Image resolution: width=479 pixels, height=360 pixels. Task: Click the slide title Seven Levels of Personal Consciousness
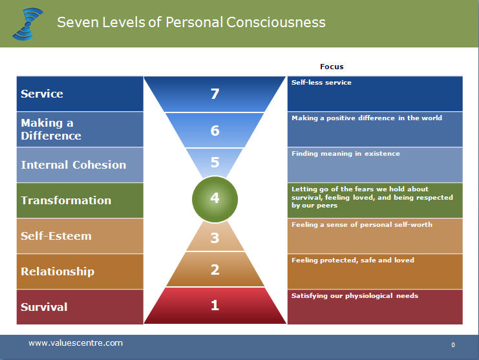click(x=191, y=22)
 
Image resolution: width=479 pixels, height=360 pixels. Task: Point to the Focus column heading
click(x=332, y=67)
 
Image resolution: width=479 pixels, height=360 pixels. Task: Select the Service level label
click(x=42, y=94)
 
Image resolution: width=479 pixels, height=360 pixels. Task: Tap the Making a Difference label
click(x=51, y=129)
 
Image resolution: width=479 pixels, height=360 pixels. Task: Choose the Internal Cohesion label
click(x=73, y=165)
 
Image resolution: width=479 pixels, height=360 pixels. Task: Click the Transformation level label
click(x=66, y=200)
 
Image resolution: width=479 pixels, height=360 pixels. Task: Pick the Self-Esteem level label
click(x=56, y=236)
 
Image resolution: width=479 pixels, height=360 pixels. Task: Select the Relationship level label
click(x=58, y=271)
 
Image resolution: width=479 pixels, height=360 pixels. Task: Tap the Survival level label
click(x=44, y=307)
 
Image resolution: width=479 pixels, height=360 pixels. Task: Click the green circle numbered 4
click(x=215, y=198)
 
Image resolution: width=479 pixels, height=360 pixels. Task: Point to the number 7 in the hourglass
click(x=215, y=94)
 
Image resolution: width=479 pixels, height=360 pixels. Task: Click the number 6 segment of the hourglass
click(x=215, y=131)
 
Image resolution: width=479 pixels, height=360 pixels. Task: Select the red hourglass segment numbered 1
click(x=215, y=305)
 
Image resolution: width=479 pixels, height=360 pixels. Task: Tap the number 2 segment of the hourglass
click(x=215, y=270)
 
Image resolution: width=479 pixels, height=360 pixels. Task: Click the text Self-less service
click(x=321, y=83)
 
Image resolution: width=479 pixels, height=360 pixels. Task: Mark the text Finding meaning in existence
click(x=345, y=154)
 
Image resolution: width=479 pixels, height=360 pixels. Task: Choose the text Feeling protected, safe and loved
click(x=352, y=260)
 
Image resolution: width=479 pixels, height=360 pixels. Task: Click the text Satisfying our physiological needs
click(x=354, y=296)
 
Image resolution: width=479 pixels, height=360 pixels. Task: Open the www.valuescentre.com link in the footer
click(x=75, y=343)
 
